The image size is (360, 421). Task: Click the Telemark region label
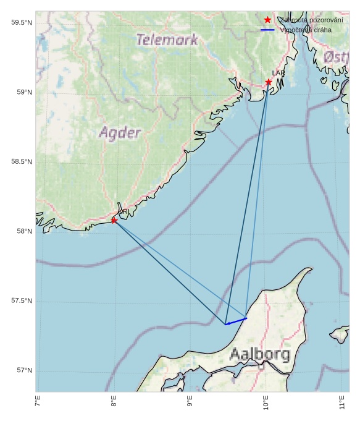167,40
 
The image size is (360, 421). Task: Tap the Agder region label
120,133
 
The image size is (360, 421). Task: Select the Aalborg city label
259,354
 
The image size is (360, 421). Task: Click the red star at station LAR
269,82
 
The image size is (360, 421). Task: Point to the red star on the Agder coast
114,219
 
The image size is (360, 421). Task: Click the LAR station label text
278,73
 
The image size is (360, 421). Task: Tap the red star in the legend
267,20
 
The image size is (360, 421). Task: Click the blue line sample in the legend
267,30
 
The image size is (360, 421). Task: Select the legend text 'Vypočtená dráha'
306,30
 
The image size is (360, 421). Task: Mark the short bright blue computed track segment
236,321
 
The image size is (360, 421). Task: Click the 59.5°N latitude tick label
22,23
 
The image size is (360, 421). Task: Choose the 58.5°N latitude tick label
22,162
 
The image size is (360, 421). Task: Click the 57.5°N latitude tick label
22,301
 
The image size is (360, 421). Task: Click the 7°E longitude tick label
38,403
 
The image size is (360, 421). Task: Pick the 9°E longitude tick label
190,403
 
